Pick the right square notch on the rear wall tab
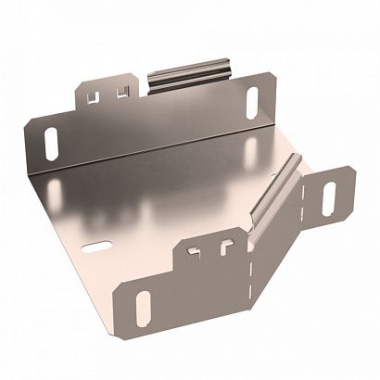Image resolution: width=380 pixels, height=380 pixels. [120, 90]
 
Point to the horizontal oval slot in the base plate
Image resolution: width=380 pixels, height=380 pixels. [95, 247]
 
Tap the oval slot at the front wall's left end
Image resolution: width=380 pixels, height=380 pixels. [144, 308]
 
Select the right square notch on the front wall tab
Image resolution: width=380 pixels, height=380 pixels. [223, 246]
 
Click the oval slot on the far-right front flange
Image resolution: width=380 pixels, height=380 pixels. [329, 196]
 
